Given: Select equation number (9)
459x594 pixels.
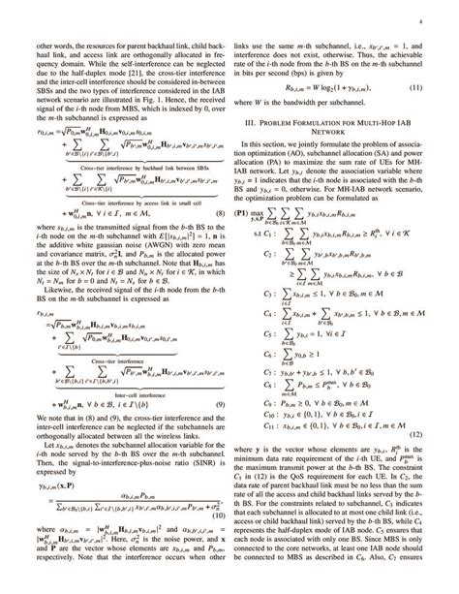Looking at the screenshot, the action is click(221, 435).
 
